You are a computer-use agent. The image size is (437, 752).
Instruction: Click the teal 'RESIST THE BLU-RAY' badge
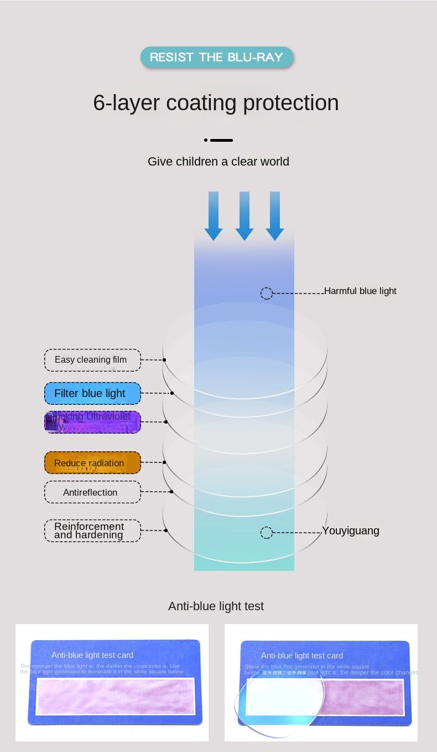216,57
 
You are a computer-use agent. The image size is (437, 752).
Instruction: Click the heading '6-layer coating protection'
216,103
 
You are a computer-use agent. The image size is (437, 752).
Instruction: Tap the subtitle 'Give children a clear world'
218,162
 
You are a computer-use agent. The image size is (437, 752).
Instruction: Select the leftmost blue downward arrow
214,216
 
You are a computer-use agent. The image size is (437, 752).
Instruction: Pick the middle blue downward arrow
244,216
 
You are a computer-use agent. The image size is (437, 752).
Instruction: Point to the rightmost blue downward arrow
275,216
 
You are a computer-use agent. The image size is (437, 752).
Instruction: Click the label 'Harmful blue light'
360,291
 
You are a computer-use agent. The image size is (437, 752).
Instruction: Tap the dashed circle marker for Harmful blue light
267,293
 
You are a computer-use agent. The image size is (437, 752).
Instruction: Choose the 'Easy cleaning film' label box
92,360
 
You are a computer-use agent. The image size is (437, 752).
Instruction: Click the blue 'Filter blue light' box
92,394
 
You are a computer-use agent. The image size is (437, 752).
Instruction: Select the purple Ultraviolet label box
92,422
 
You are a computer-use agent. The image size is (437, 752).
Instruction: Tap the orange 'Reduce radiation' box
92,463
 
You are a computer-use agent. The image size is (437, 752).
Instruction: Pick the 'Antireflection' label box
92,492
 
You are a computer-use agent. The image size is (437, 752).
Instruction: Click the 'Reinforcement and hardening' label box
92,530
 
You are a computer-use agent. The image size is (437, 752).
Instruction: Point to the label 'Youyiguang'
351,531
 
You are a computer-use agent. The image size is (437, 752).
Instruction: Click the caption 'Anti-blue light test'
216,606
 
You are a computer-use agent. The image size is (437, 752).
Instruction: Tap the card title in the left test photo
92,655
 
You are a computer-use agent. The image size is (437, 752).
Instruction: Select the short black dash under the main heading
221,141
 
